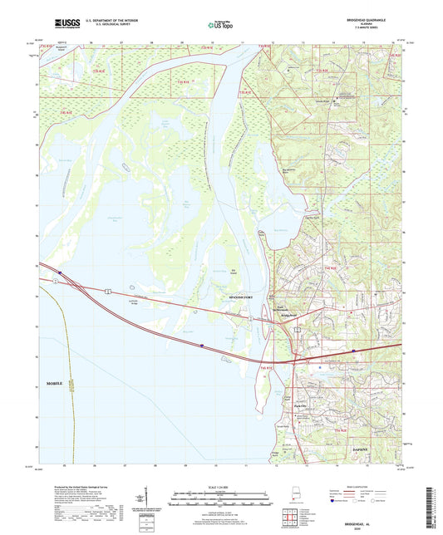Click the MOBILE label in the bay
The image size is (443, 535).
coord(49,385)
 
